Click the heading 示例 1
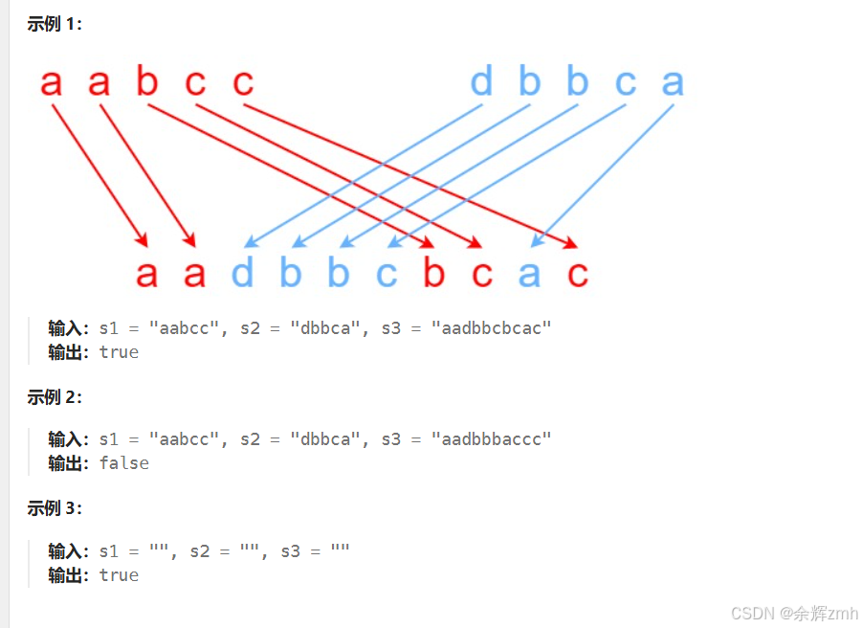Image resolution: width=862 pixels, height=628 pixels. pos(55,25)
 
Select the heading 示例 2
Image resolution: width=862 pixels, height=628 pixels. pos(55,397)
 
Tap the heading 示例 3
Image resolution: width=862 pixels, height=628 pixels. pos(55,508)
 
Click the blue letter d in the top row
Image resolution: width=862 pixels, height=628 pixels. pos(481,82)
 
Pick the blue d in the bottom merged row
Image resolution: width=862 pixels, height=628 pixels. pos(243,274)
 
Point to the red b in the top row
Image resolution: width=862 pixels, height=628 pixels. pos(146,82)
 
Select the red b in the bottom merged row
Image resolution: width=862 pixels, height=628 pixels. pos(433,274)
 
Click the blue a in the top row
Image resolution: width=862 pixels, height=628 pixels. pos(673,82)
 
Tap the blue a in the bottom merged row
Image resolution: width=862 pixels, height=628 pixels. pos(529,274)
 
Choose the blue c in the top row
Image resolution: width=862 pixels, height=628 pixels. pos(625,82)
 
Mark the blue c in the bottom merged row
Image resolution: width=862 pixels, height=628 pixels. pos(386,274)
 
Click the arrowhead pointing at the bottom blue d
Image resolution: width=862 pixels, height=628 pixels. pos(251,242)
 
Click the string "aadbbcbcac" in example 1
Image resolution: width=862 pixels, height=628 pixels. pos(491,328)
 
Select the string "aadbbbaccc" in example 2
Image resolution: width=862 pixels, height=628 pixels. pos(491,439)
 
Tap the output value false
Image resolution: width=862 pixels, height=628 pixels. pos(124,463)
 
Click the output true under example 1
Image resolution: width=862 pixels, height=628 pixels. pos(119,352)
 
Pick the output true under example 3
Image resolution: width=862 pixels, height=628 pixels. pos(119,575)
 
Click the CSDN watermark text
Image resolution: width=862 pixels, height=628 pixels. pos(794,613)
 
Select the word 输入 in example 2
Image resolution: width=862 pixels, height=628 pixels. pos(66,439)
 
